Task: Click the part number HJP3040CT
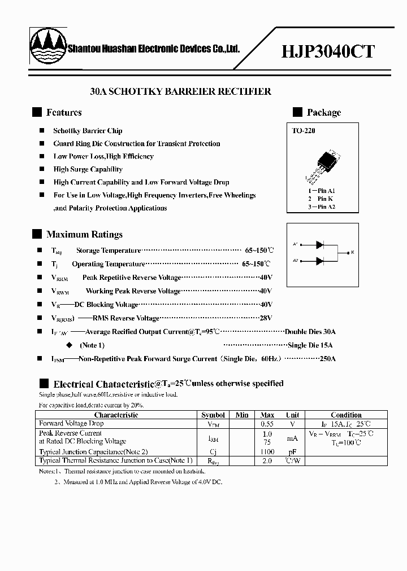[328, 51]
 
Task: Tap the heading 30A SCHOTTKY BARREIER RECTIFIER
[181, 91]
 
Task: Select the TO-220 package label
[304, 131]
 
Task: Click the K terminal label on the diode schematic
[353, 252]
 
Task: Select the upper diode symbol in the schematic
[320, 244]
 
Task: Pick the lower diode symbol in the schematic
[320, 261]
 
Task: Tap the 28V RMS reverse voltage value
[266, 318]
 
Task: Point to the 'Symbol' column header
[213, 415]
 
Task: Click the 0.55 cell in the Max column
[267, 423]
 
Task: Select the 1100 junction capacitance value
[267, 452]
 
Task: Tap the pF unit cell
[292, 452]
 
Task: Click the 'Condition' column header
[346, 415]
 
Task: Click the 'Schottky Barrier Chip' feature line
[88, 131]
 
